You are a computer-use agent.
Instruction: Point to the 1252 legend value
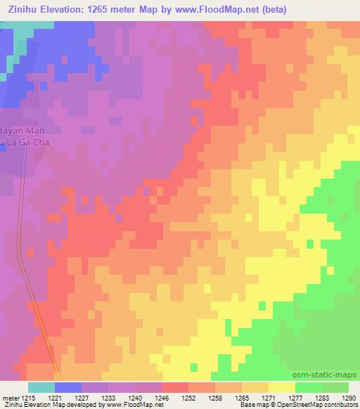pyautogui.click(x=188, y=398)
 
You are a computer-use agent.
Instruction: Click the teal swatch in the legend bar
pyautogui.click(x=41, y=387)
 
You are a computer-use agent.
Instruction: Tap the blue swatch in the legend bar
pyautogui.click(x=67, y=387)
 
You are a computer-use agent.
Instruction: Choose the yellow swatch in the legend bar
pyautogui.click(x=281, y=387)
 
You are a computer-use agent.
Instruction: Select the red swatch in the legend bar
pyautogui.click(x=174, y=387)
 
